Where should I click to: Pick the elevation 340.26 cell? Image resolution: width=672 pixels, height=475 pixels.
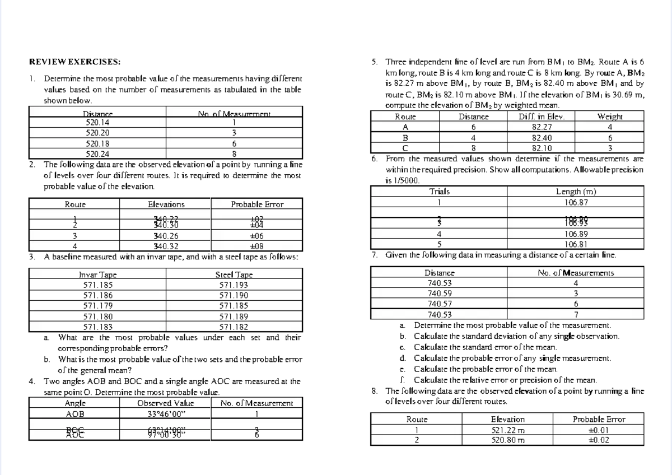click(166, 236)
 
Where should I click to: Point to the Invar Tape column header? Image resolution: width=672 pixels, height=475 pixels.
click(98, 275)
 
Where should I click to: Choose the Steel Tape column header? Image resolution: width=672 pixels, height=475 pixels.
click(234, 275)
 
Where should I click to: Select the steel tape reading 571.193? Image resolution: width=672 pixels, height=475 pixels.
click(234, 285)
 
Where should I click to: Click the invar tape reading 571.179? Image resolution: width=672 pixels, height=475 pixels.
click(98, 305)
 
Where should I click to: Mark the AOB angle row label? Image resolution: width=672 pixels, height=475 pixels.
click(75, 414)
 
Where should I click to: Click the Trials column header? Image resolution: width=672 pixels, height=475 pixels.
click(440, 192)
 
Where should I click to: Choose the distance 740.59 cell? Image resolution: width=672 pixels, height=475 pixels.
click(440, 293)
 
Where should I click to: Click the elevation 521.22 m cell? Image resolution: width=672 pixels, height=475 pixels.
click(507, 430)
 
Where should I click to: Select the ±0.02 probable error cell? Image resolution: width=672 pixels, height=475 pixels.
click(599, 440)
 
